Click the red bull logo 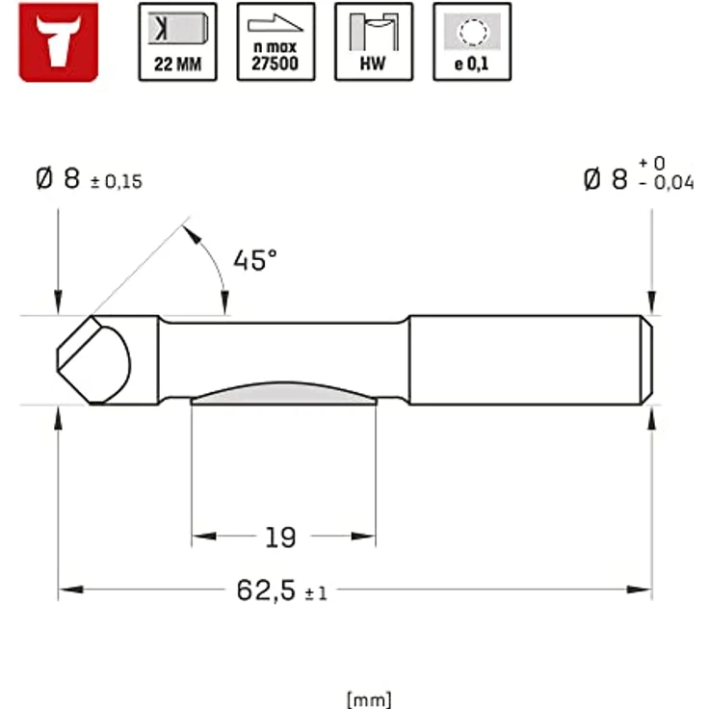tap(59, 41)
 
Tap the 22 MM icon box tap(177, 41)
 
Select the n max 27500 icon tap(276, 41)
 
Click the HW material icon tap(374, 41)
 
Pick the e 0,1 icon tap(472, 41)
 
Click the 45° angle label tap(254, 261)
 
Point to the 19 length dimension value tap(280, 537)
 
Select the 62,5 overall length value tap(266, 591)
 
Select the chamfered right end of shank tap(648, 360)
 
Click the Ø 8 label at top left tap(58, 179)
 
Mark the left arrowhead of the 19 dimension tap(199, 537)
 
